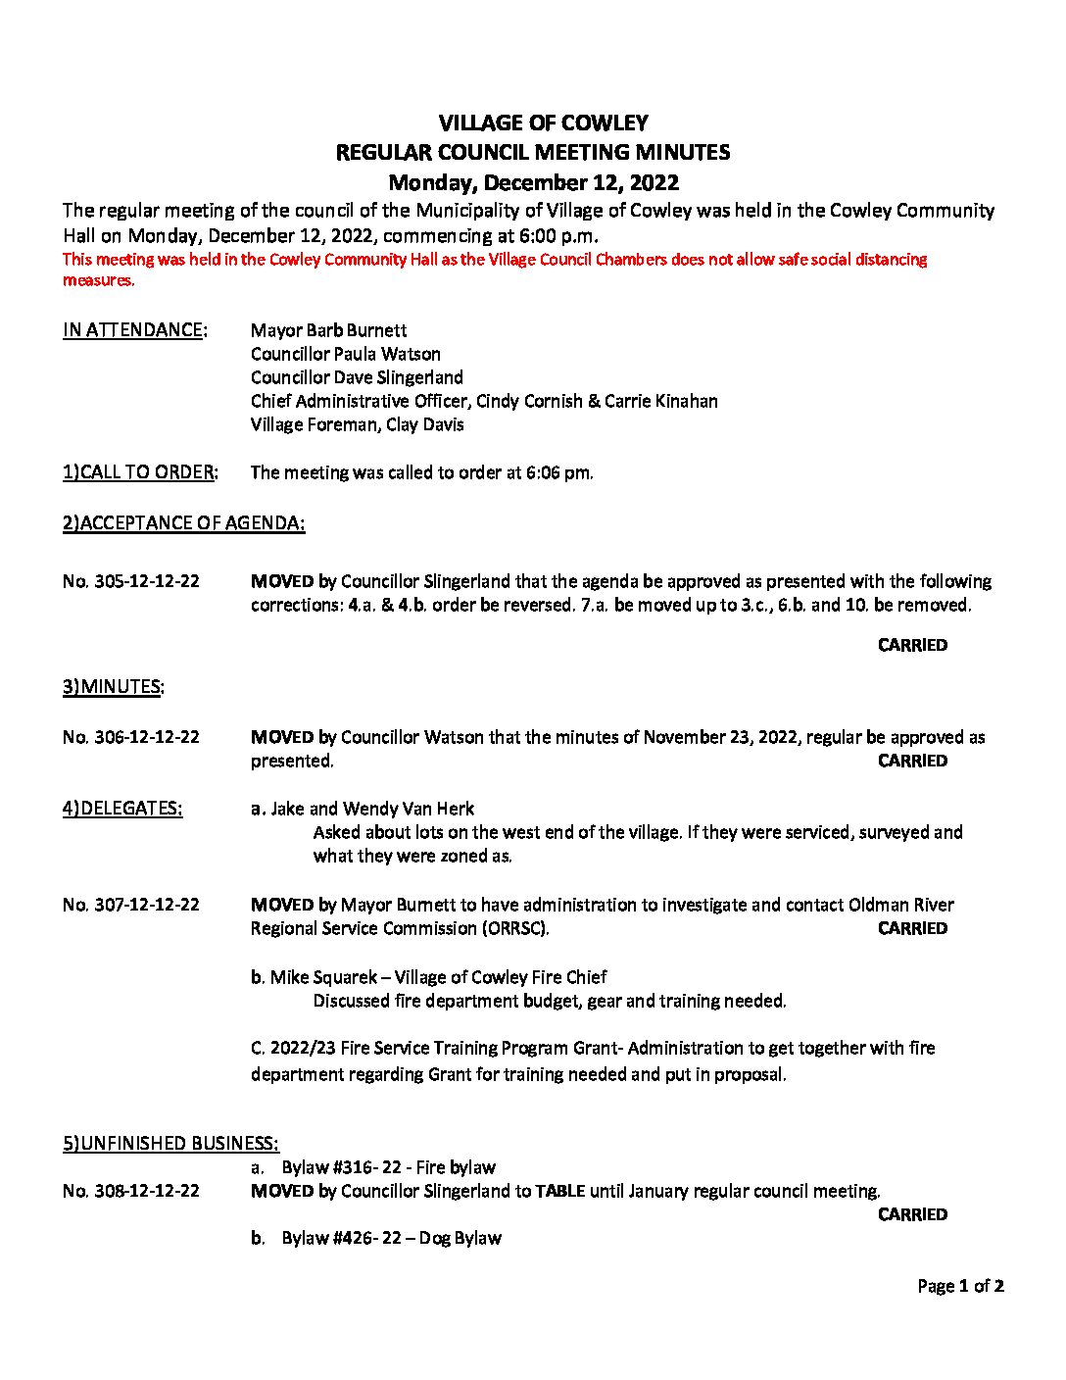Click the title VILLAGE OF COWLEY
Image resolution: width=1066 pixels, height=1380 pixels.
[x=543, y=123]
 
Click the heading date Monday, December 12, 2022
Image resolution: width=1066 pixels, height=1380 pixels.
[x=533, y=182]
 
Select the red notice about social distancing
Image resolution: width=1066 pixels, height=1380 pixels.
[x=494, y=270]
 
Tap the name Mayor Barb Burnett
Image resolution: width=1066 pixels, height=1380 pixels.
[x=328, y=330]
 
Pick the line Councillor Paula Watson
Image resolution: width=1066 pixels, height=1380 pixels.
[x=345, y=354]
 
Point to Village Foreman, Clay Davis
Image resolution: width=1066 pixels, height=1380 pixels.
[x=357, y=424]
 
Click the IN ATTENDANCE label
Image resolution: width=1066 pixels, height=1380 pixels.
[x=134, y=330]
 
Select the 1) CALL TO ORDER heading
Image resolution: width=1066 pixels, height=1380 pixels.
[x=140, y=472]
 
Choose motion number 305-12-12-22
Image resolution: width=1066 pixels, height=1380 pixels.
[x=130, y=581]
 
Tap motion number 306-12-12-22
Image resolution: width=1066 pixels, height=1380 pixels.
[x=130, y=737]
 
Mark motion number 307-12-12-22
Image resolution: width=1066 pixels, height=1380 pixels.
[x=130, y=905]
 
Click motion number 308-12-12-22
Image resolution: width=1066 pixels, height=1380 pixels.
[x=130, y=1191]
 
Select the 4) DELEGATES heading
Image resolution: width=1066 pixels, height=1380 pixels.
[x=122, y=809]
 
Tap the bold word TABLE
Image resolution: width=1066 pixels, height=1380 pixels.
[x=560, y=1191]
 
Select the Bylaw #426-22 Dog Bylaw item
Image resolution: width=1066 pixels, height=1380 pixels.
[x=391, y=1238]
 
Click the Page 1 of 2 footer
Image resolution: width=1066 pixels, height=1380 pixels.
[x=960, y=1286]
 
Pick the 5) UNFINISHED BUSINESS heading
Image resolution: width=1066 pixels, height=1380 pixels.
[x=170, y=1144]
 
